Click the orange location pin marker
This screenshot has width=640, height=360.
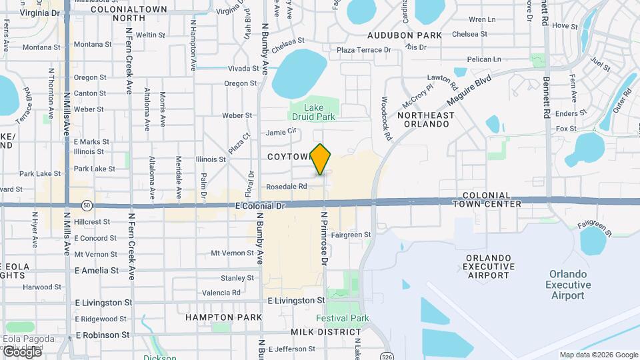point(321,159)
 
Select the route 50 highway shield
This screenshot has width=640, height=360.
point(87,205)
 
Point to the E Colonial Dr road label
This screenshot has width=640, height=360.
point(260,207)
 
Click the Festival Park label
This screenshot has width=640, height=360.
point(343,318)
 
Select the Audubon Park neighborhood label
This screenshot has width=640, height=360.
point(405,34)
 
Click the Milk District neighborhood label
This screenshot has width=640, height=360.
point(326,332)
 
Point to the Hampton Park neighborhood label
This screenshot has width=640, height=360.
point(224,317)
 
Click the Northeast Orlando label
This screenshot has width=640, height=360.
point(426,119)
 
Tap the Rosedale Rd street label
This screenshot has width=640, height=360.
point(286,187)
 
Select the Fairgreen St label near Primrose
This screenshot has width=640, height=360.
point(351,235)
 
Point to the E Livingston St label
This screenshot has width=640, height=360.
point(296,301)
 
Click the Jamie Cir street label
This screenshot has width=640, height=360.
point(281,132)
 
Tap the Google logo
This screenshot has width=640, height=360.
point(21,352)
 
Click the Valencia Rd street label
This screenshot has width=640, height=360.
point(221,293)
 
